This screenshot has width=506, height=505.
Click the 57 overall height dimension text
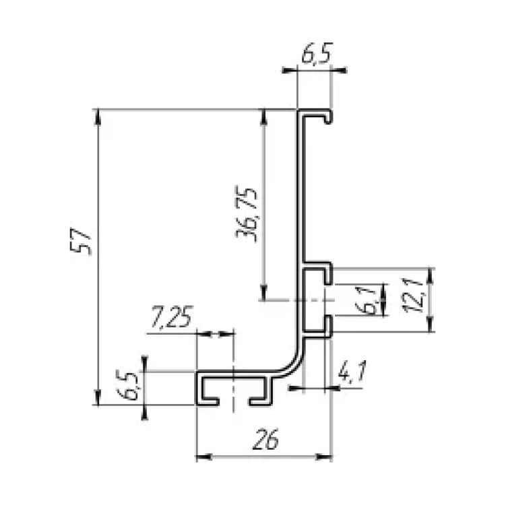[81, 241]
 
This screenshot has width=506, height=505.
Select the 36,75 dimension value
[247, 213]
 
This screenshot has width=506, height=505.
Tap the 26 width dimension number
[265, 439]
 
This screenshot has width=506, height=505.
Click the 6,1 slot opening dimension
[367, 300]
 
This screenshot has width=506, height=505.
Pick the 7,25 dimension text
[171, 316]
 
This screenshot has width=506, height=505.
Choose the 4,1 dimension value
[352, 371]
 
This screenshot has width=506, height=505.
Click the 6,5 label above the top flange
[317, 53]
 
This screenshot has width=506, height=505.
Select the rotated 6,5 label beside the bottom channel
[127, 386]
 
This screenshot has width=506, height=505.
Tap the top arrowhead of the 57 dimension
[98, 116]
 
